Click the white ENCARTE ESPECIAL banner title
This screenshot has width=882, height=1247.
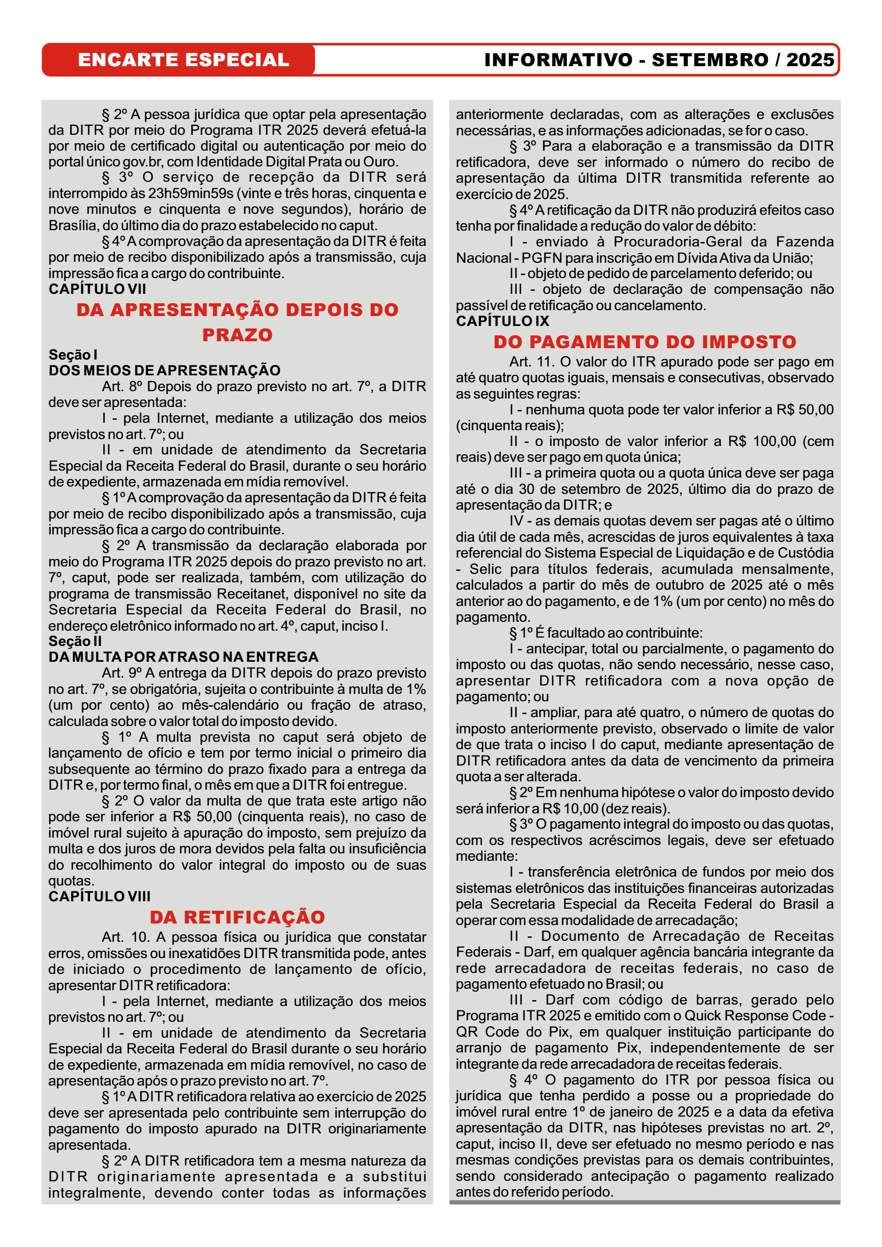click(x=183, y=60)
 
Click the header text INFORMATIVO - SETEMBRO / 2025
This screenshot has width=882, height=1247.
click(x=659, y=60)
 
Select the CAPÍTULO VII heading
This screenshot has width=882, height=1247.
click(x=97, y=289)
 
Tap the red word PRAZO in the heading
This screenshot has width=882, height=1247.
click(x=238, y=335)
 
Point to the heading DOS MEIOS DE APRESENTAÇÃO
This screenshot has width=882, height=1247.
click(x=164, y=370)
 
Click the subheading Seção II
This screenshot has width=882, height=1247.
click(x=75, y=641)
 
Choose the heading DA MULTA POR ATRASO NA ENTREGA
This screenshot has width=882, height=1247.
click(x=183, y=657)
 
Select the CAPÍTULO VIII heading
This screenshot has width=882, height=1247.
click(x=99, y=896)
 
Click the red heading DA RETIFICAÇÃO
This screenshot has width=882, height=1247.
click(x=238, y=917)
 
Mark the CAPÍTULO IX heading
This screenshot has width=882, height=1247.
click(x=502, y=321)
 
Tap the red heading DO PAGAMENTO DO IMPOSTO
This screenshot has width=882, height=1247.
click(x=644, y=342)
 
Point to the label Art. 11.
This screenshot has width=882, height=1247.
click(x=532, y=362)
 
